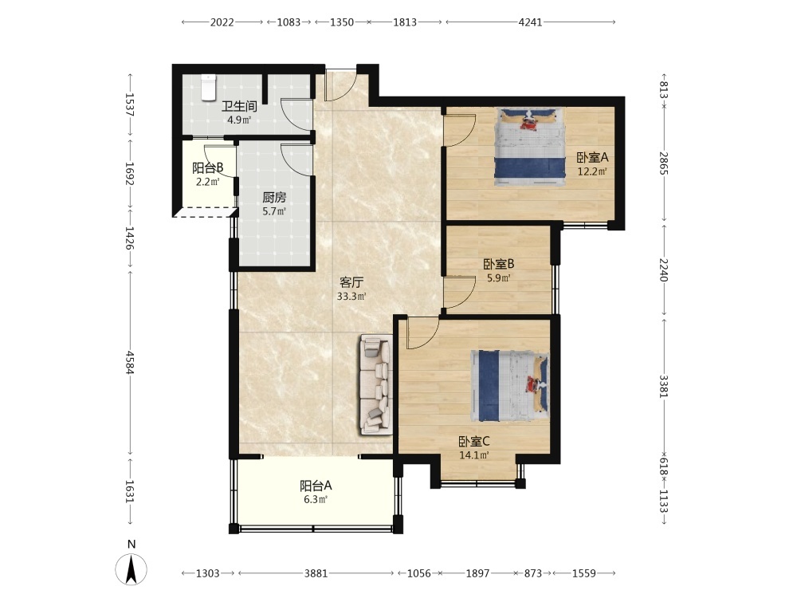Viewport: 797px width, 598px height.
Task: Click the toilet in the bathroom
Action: [209, 88]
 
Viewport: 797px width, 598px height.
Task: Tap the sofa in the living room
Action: [376, 385]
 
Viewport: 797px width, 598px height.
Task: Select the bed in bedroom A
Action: [530, 144]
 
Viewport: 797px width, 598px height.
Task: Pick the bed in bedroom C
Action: [510, 386]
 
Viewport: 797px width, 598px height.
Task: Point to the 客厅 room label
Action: [351, 282]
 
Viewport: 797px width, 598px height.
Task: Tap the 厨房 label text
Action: [274, 197]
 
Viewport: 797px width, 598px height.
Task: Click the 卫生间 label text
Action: [239, 106]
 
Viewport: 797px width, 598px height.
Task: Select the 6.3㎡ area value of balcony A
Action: [316, 499]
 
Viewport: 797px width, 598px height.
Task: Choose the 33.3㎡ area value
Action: [351, 297]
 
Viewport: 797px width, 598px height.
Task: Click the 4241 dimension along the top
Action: [530, 22]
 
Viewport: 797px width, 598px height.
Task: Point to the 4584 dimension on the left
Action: [131, 362]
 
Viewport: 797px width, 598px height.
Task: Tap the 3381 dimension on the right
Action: [664, 387]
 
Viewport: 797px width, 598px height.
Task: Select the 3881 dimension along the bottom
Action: [316, 573]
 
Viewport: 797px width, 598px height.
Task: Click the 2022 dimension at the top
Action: [222, 22]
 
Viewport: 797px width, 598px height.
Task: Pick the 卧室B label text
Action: [499, 264]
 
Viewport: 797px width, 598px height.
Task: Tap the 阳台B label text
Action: [208, 167]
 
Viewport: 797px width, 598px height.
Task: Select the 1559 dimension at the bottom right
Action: [583, 573]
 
